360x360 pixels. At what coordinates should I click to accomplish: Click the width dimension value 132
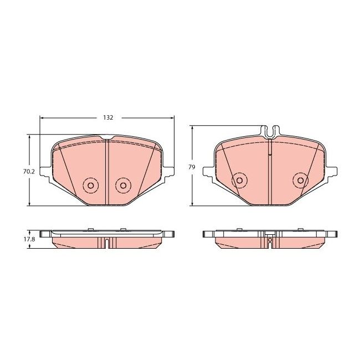pyautogui.click(x=108, y=118)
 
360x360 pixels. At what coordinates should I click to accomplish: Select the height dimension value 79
pyautogui.click(x=192, y=166)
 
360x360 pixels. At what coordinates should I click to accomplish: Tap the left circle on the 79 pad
pyautogui.click(x=239, y=180)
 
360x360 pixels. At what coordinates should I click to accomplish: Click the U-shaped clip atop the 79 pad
pyautogui.click(x=271, y=132)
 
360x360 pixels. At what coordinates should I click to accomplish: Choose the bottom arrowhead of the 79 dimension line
pyautogui.click(x=192, y=203)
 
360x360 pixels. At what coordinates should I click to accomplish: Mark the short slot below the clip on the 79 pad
pyautogui.click(x=269, y=148)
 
